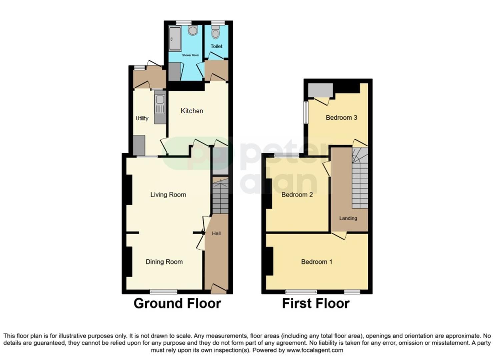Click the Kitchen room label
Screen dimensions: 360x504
coord(192,111)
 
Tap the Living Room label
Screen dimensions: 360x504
coord(168,195)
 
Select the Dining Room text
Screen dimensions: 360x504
coord(164,262)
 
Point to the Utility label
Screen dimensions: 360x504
coord(142,118)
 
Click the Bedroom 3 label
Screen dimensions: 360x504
coord(341,118)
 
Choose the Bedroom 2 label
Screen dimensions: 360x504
coord(297,195)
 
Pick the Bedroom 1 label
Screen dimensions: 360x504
coord(317,262)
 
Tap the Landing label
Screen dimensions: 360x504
coord(348,218)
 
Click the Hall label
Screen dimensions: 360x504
coord(216,233)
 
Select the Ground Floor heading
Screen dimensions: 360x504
coord(177,304)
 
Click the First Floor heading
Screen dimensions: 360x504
coord(316,304)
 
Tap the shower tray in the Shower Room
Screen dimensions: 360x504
coord(175,39)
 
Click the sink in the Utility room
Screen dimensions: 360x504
coord(160,99)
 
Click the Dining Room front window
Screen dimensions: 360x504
coord(163,292)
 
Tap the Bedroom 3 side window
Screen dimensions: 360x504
coord(305,112)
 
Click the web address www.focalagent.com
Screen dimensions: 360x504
coord(315,350)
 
